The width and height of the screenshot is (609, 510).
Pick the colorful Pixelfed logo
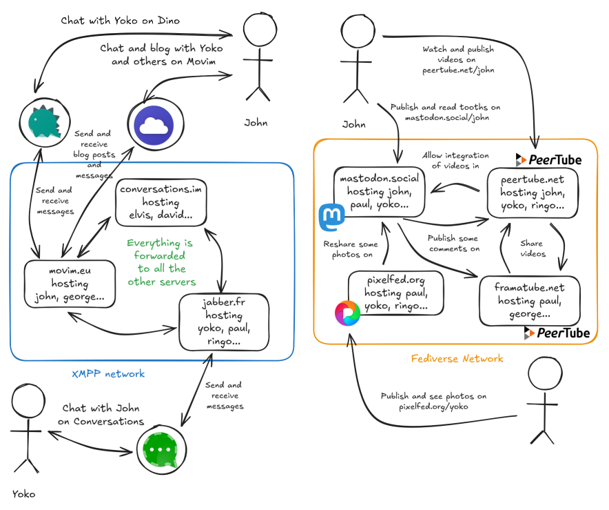pos(348,313)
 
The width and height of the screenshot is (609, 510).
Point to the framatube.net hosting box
pos(528,301)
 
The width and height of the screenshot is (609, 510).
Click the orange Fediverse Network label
pos(457,358)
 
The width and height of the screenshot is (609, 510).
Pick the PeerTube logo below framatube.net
pos(557,333)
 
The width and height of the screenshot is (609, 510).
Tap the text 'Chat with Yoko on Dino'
pos(121,21)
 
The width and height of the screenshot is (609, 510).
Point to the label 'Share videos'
pos(532,248)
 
